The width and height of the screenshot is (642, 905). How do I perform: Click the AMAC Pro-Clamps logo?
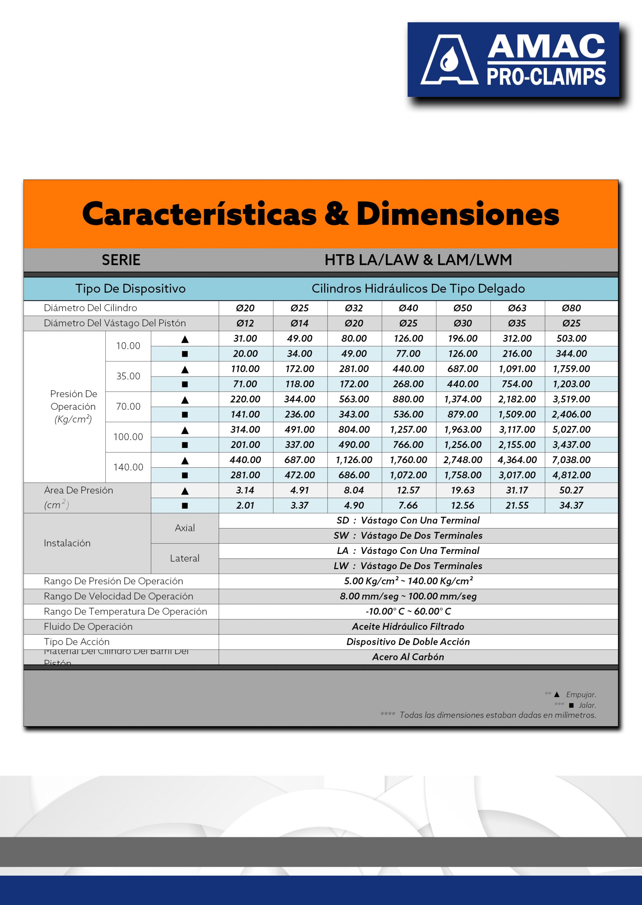(513, 59)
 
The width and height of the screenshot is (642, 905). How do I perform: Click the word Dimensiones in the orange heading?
(458, 214)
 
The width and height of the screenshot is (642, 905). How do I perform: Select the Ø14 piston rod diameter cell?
(299, 323)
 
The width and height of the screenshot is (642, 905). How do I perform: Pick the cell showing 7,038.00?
(571, 460)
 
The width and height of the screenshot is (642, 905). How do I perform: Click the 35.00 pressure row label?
(128, 376)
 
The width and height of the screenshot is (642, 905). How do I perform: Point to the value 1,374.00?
(463, 399)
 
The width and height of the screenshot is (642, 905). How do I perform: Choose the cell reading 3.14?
(245, 490)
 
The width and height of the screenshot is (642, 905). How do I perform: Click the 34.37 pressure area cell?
(571, 505)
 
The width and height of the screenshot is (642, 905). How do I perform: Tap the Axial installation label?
(184, 528)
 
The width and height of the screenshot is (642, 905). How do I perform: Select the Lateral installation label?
(184, 558)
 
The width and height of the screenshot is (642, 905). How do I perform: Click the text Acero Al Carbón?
(408, 657)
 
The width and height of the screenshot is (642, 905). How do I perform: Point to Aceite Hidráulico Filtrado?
(408, 626)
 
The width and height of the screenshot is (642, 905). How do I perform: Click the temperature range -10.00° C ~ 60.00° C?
(408, 612)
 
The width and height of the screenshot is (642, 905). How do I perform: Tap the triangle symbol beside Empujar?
(556, 695)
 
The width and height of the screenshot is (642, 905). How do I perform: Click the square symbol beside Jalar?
(571, 705)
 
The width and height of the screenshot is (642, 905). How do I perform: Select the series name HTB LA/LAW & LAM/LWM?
(418, 260)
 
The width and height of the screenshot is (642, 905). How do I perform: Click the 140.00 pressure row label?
(128, 467)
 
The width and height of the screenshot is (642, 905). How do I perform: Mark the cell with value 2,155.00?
(517, 445)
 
